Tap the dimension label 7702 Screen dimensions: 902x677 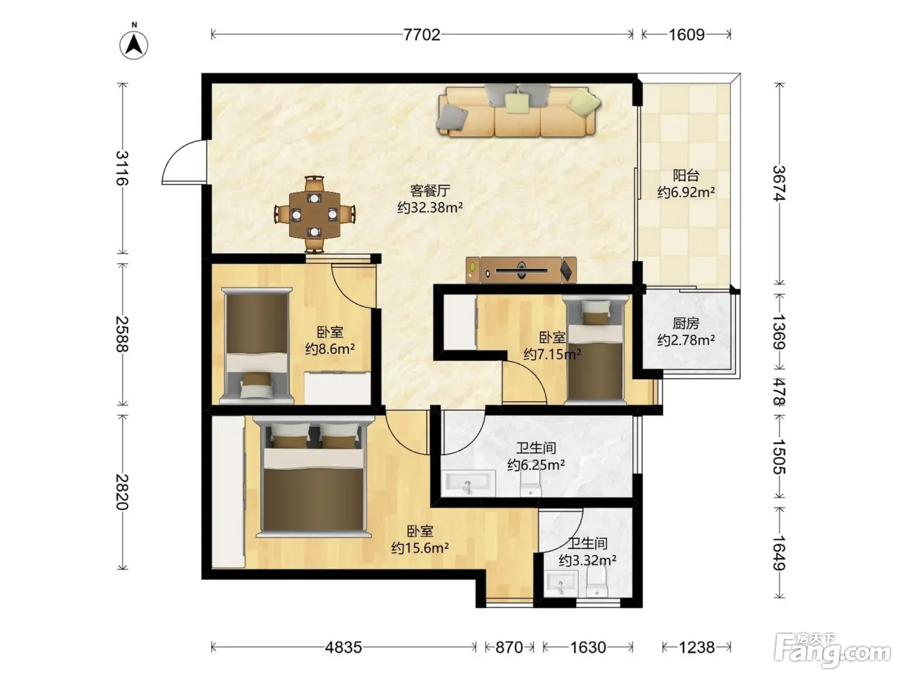point(421,35)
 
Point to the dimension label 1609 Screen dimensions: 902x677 point(686,35)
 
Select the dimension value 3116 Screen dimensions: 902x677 point(122,168)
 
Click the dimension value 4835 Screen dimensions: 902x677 point(343,647)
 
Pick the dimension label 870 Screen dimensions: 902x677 point(509,647)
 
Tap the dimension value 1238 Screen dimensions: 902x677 point(696,647)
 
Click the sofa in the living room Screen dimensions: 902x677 point(519,110)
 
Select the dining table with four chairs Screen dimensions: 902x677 point(315,215)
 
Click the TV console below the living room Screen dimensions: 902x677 point(521,270)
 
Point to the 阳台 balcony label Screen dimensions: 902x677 point(686,175)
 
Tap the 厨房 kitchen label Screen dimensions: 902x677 point(686,324)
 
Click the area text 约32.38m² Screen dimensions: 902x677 point(430,208)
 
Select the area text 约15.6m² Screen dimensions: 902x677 point(420,548)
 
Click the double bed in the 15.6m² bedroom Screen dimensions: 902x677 point(314,477)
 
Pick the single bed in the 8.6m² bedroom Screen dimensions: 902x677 point(256,346)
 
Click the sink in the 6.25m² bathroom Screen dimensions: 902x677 point(468,484)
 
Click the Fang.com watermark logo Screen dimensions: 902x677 point(832,650)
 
